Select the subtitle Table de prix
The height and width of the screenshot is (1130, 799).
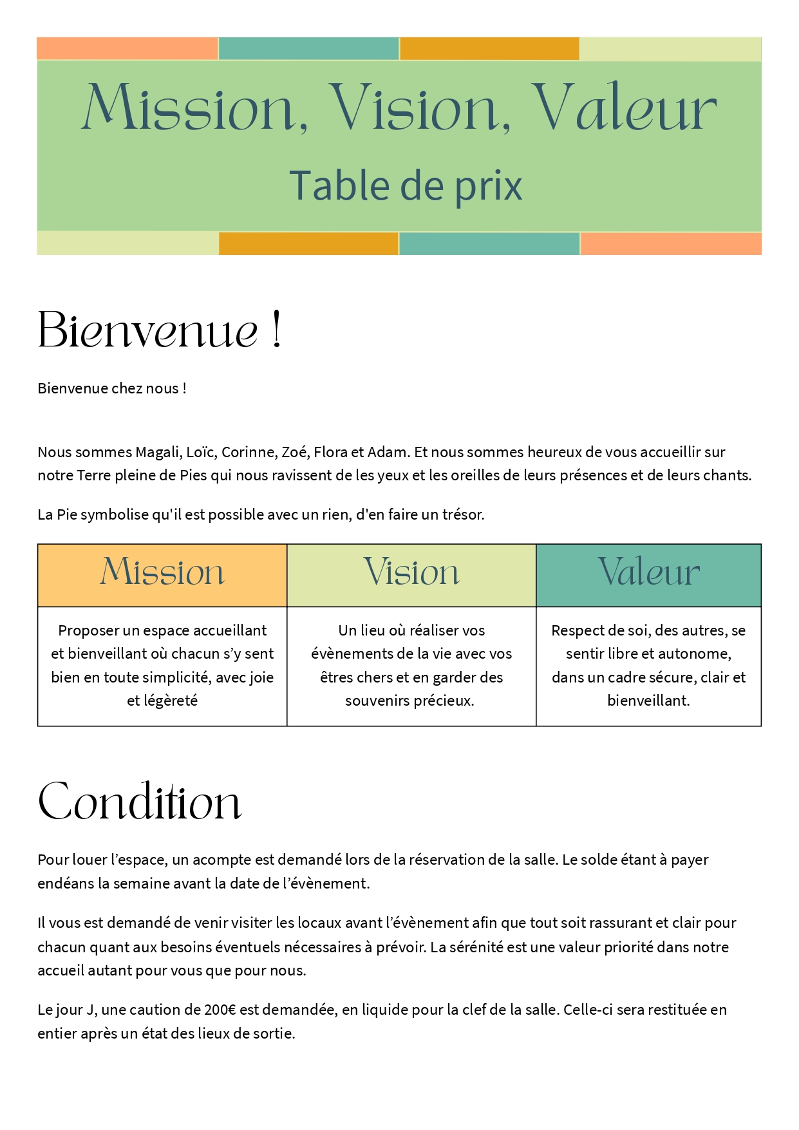405,186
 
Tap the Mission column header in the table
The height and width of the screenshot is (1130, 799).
162,572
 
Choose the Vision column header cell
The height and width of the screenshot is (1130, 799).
411,572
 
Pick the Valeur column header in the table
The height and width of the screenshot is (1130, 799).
648,572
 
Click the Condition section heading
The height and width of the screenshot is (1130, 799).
140,802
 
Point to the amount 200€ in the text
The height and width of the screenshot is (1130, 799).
220,1010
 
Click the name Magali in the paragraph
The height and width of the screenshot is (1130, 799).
157,452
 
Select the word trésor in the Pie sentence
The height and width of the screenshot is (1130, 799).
462,514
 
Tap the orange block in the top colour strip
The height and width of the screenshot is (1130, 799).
489,49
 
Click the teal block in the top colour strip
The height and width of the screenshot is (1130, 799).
309,49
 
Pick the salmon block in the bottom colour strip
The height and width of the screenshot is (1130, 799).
671,244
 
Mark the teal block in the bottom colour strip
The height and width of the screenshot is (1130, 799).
489,244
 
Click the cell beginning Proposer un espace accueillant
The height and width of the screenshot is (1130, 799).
162,665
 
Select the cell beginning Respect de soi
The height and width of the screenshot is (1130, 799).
648,665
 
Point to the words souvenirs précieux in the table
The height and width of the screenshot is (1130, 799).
409,701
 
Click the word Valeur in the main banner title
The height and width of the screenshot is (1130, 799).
624,108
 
